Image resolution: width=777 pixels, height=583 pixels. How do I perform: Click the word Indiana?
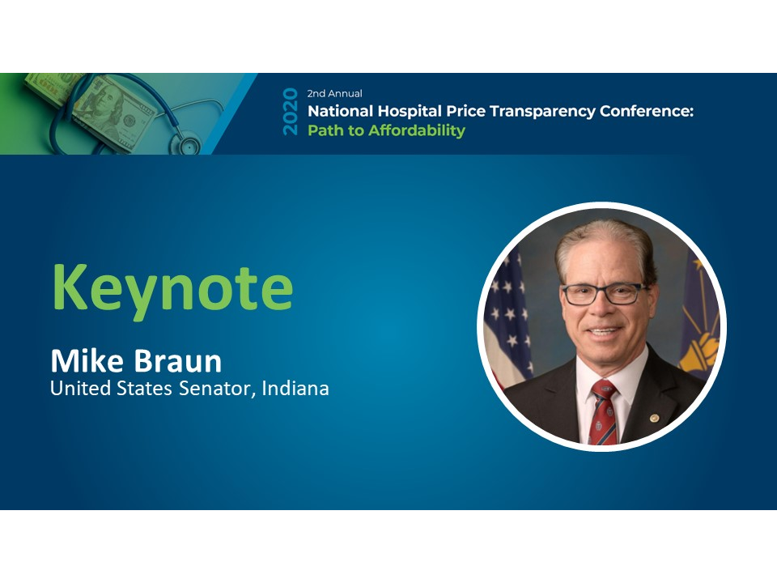click(x=295, y=389)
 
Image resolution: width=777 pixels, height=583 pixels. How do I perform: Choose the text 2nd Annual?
click(x=334, y=94)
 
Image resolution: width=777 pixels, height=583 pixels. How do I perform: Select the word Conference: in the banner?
click(x=647, y=112)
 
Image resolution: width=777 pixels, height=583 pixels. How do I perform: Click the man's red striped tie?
click(x=603, y=413)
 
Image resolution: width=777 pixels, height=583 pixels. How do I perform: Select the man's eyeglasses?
click(x=602, y=294)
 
